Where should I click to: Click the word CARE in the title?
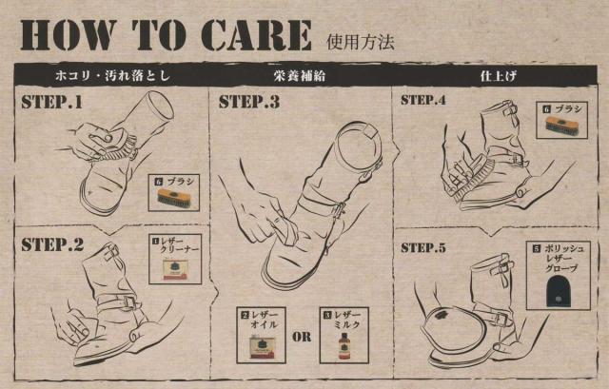pyautogui.click(x=257, y=35)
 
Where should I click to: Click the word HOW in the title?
pyautogui.click(x=69, y=35)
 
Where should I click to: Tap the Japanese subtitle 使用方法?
pyautogui.click(x=361, y=42)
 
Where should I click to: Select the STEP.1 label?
pyautogui.click(x=52, y=102)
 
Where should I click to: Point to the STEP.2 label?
pyautogui.click(x=52, y=244)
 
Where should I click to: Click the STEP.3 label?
pyautogui.click(x=249, y=102)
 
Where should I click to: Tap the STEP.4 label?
pyautogui.click(x=422, y=100)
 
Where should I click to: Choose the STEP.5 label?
pyautogui.click(x=422, y=247)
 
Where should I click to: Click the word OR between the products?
pyautogui.click(x=302, y=337)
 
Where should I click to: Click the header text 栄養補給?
pyautogui.click(x=299, y=76)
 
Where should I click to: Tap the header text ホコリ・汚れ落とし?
pyautogui.click(x=112, y=75)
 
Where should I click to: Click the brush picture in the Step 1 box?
pyautogui.click(x=174, y=198)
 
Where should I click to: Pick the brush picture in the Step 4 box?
pyautogui.click(x=562, y=125)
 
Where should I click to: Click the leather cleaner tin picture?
pyautogui.click(x=175, y=269)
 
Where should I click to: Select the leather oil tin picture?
pyautogui.click(x=262, y=347)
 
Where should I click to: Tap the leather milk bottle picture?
pyautogui.click(x=344, y=346)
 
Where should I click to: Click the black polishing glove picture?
pyautogui.click(x=558, y=291)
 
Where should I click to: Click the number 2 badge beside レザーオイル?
pyautogui.click(x=245, y=315)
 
